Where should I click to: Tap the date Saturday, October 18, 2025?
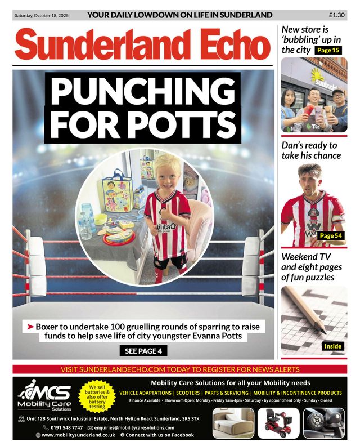coord(41,15)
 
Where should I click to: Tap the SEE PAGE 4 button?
coord(143,351)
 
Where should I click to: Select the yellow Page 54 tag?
coord(330,236)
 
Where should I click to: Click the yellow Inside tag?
coord(332,346)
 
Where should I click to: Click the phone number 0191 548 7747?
coord(67,427)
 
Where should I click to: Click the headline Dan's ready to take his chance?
coord(310,150)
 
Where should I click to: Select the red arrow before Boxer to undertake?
coord(30,326)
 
